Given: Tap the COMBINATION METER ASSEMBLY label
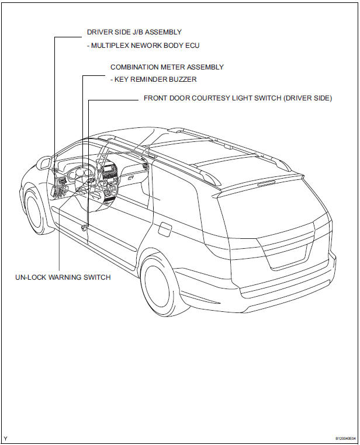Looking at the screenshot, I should pyautogui.click(x=167, y=67).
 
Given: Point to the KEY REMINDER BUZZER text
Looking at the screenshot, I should pyautogui.click(x=155, y=79).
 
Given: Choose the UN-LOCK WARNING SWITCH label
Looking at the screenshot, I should pyautogui.click(x=63, y=277).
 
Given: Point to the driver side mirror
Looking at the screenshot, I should pyautogui.click(x=43, y=162).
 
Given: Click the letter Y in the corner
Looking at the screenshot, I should pyautogui.click(x=6, y=438).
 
